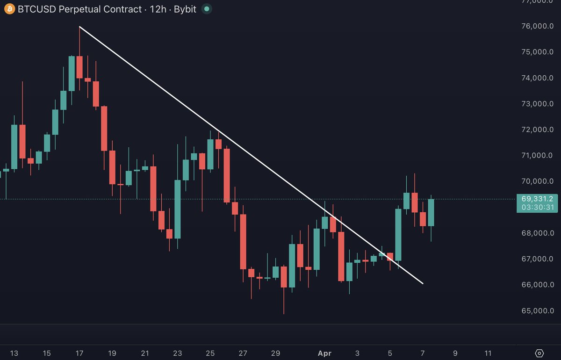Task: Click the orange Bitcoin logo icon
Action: point(9,9)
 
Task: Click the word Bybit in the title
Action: point(186,9)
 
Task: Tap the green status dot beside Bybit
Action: point(206,9)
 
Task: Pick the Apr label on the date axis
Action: point(324,353)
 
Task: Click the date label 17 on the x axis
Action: point(79,353)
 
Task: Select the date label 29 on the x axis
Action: point(275,353)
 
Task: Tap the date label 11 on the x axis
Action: point(488,353)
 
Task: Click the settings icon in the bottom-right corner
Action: point(539,353)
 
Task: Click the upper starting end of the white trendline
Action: point(80,27)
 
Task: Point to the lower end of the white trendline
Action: point(422,283)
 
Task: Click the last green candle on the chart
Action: point(431,213)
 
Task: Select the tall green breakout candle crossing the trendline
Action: point(398,234)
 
